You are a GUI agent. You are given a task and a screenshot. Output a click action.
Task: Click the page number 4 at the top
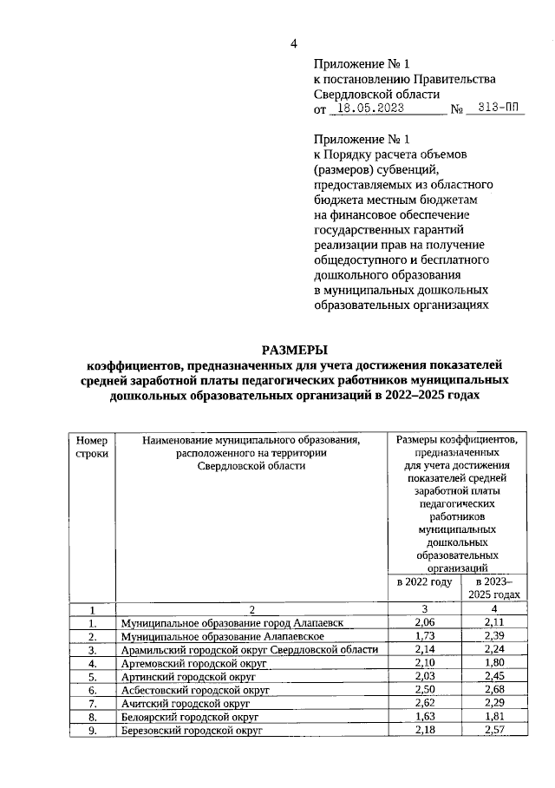(293, 44)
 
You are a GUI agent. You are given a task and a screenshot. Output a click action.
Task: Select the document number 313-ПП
(496, 110)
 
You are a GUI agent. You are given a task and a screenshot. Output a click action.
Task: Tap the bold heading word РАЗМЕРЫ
(294, 351)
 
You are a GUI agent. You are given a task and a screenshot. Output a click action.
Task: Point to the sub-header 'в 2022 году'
(424, 583)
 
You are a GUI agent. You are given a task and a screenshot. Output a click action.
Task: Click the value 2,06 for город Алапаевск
(424, 623)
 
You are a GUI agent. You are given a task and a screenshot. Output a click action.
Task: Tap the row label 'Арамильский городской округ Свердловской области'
(251, 650)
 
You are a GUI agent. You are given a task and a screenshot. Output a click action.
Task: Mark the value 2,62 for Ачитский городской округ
(424, 703)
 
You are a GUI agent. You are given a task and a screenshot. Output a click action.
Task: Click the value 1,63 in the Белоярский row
(424, 717)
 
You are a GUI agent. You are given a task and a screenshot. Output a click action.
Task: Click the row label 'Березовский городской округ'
(192, 730)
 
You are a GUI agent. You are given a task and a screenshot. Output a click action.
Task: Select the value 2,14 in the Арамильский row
(424, 650)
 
